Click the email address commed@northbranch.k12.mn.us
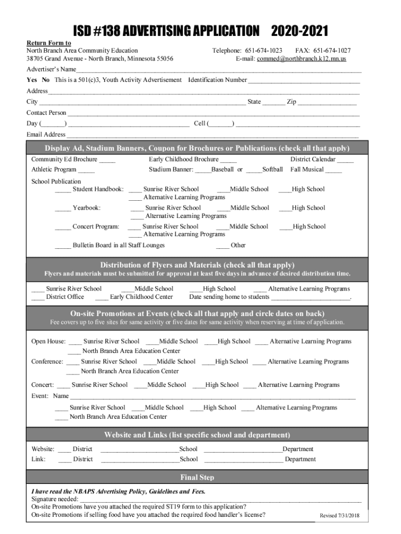(x=311, y=59)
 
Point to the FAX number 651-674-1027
(x=331, y=51)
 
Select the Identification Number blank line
(x=304, y=81)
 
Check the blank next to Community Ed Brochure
(x=107, y=160)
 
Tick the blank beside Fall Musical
(x=334, y=170)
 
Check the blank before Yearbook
(x=62, y=209)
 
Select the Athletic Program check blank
(x=86, y=170)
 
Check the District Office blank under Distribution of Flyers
(x=38, y=298)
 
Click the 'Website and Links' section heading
(x=197, y=435)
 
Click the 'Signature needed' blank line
(x=221, y=500)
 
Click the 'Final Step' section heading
(x=197, y=477)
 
